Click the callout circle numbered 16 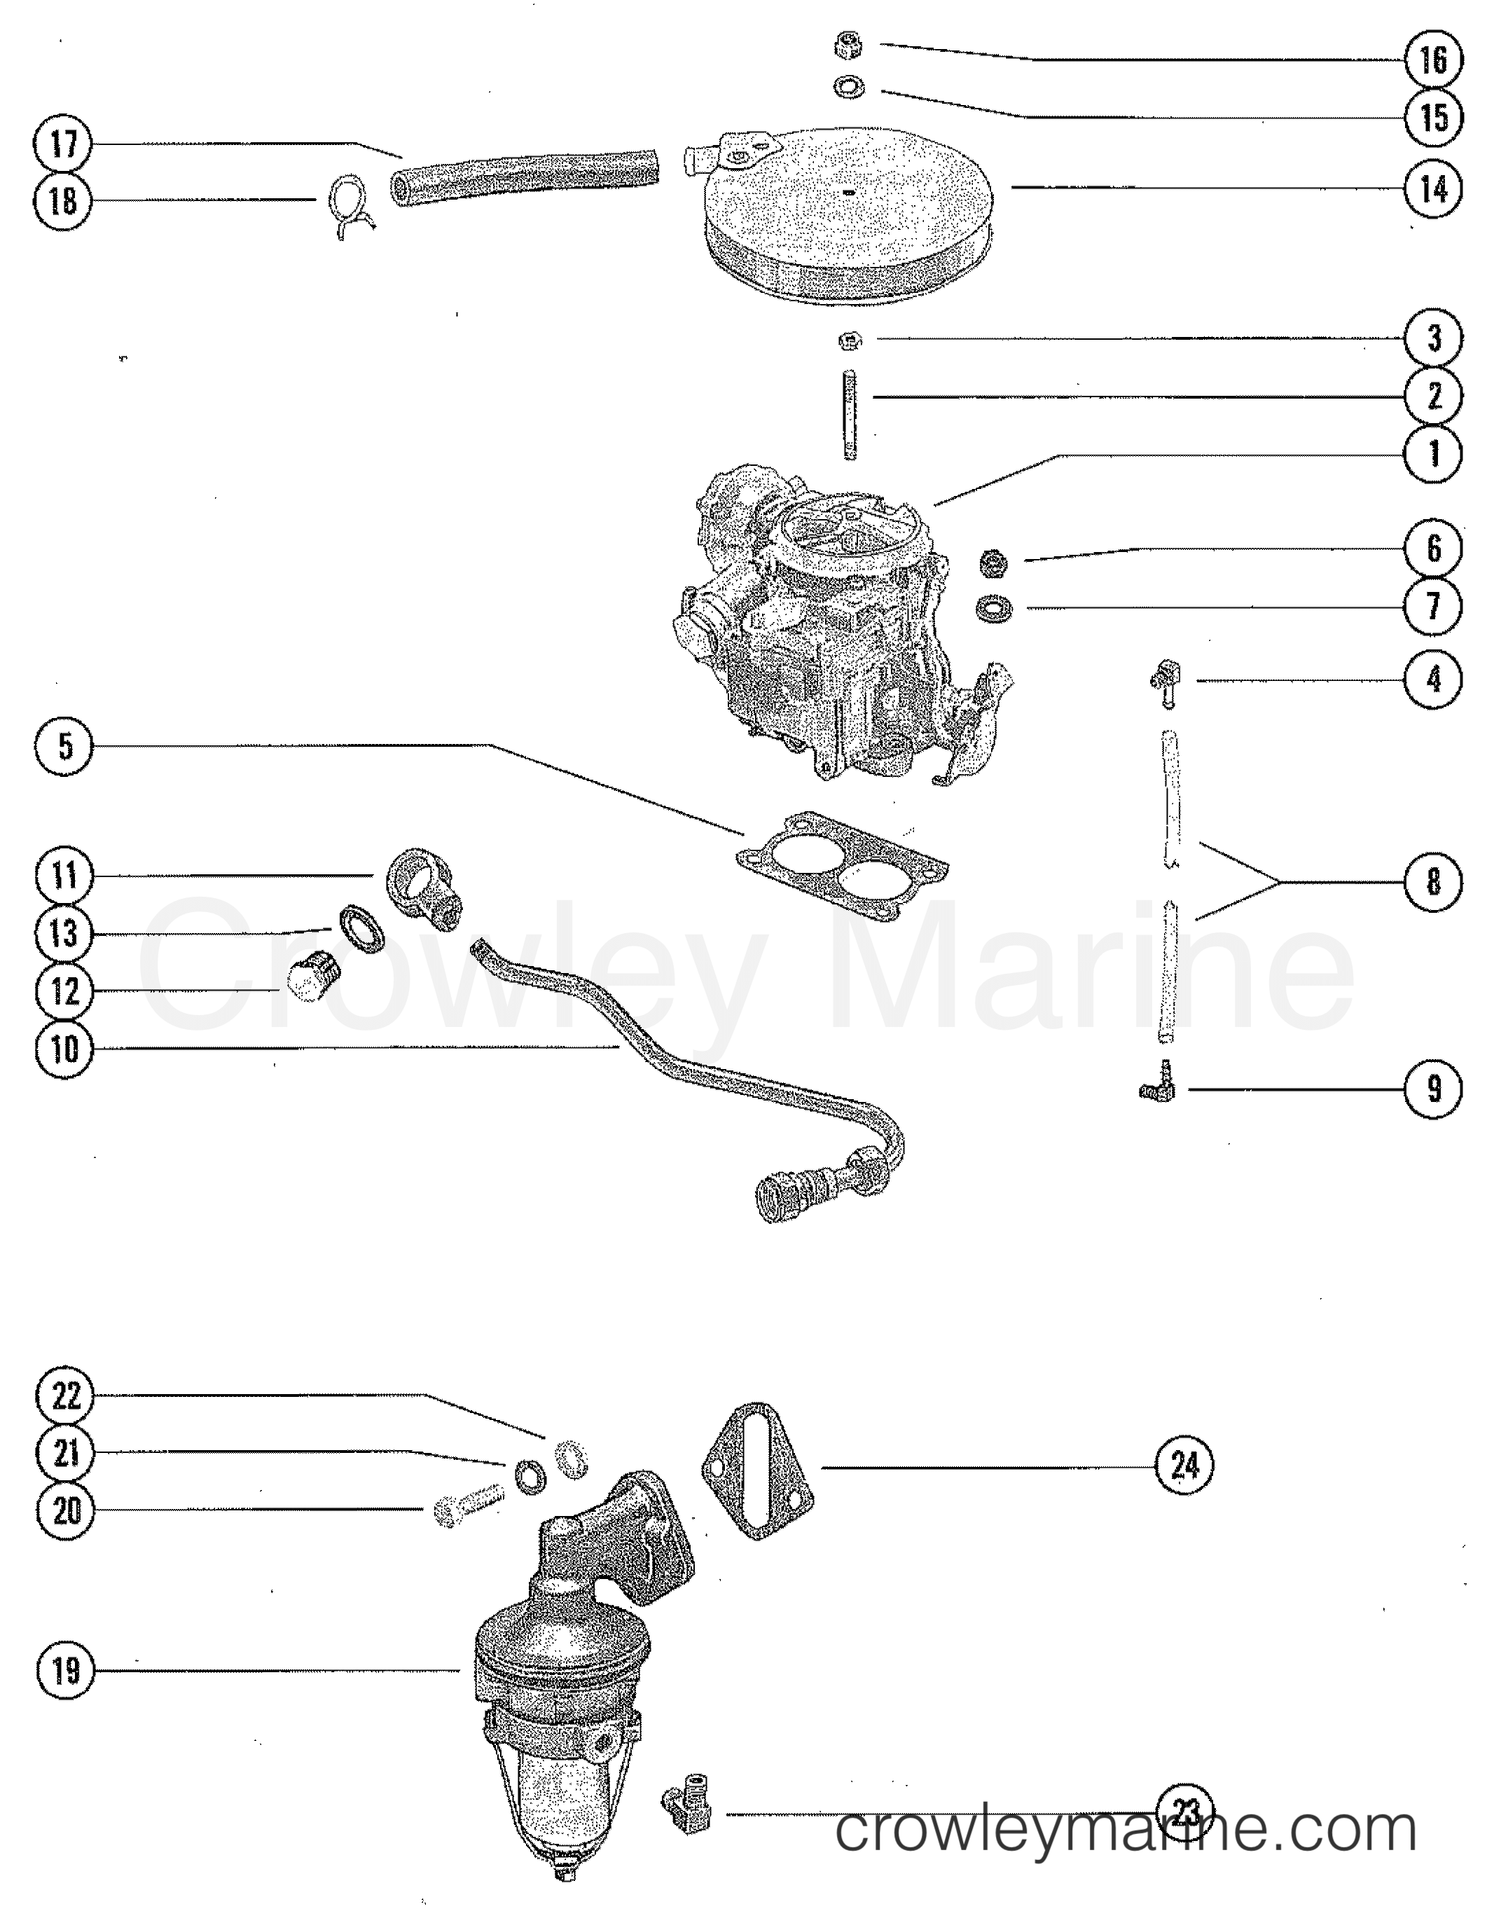coord(1433,60)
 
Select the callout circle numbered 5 coord(64,747)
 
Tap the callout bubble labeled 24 coord(1185,1465)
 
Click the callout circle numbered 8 coord(1433,881)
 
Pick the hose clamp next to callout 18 coord(350,207)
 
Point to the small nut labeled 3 coord(850,339)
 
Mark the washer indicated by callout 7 coord(994,607)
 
